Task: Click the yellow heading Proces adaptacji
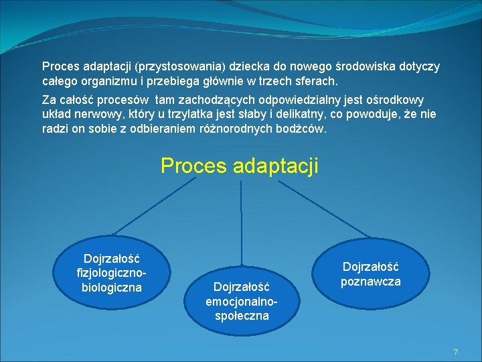[x=240, y=165]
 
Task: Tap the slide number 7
[x=455, y=352]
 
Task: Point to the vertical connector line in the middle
[x=241, y=222]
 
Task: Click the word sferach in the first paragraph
[x=318, y=81]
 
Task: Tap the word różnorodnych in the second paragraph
[x=235, y=127]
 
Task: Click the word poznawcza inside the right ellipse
[x=371, y=282]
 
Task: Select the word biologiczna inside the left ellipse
[x=111, y=288]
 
